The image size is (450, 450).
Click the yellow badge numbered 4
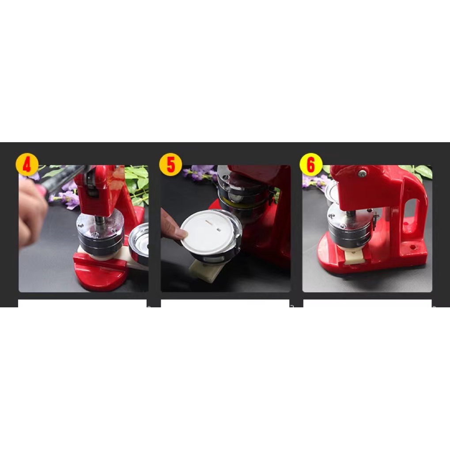coord(27,165)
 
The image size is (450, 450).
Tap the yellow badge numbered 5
coord(170,164)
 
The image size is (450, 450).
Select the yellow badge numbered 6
coord(311,164)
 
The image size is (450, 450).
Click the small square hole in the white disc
coord(219,230)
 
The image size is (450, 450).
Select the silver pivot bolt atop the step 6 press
coord(362,173)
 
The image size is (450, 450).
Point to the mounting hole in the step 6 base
coord(413,247)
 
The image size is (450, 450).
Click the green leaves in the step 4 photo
coord(137,184)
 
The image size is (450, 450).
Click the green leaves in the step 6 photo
coord(420,172)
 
